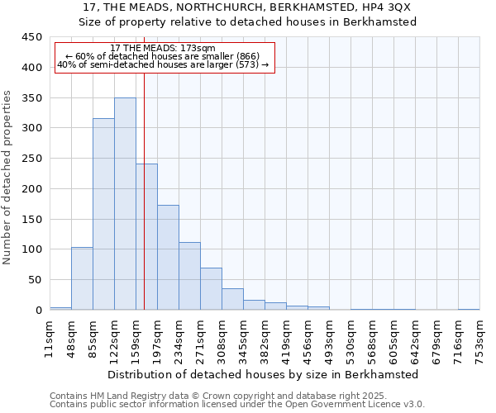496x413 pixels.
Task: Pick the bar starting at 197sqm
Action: coord(168,257)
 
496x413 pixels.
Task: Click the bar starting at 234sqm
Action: coord(189,276)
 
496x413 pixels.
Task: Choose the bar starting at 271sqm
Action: coord(211,288)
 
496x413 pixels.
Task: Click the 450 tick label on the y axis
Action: coord(31,37)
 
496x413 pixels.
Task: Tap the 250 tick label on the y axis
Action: coord(31,159)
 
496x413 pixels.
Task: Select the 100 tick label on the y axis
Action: coord(31,249)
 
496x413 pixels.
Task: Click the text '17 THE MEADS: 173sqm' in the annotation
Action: coord(163,49)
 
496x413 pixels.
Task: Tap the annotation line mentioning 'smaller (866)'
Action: coord(163,56)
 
